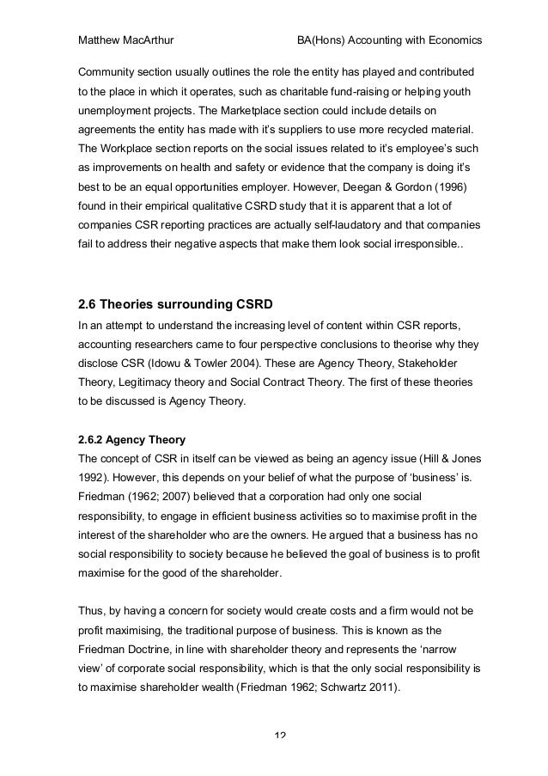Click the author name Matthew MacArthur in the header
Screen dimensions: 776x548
point(125,41)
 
